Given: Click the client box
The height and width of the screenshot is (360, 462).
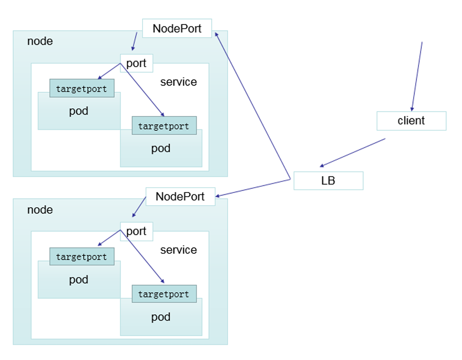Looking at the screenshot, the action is (x=411, y=121).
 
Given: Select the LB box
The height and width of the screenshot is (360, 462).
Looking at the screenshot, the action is (x=328, y=181).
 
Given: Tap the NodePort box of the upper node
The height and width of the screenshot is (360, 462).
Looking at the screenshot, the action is (x=177, y=28).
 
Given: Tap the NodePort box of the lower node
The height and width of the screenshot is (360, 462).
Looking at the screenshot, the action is (x=180, y=196).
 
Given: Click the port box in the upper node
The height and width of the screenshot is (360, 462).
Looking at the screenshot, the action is (x=136, y=63).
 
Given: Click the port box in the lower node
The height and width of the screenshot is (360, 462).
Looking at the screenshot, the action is (x=136, y=231).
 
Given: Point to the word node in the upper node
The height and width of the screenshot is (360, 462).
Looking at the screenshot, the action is (x=40, y=41).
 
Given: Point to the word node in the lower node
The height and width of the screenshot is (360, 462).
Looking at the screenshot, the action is (x=40, y=210).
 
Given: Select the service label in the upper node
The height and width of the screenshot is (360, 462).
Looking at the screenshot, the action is (x=178, y=82).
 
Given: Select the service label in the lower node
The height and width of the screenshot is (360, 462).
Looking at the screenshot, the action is (x=178, y=250).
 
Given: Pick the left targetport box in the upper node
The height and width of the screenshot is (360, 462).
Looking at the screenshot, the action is (x=82, y=88).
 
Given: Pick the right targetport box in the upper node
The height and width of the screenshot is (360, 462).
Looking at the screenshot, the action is (x=164, y=125).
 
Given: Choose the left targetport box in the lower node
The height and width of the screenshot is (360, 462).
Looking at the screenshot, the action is (x=82, y=257).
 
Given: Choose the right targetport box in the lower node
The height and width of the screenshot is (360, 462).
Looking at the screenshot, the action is (x=164, y=294).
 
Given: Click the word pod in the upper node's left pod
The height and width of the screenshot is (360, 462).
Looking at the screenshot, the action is (x=79, y=111).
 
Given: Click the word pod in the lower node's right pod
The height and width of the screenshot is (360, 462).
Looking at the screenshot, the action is (x=161, y=317).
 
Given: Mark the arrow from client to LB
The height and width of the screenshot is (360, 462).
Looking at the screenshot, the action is (x=353, y=153).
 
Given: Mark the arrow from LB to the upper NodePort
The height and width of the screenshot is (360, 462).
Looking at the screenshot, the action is (x=253, y=106).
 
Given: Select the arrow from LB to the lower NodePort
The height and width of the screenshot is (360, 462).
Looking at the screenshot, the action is (x=253, y=188).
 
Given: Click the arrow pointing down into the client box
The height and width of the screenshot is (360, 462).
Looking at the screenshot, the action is (x=417, y=77).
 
